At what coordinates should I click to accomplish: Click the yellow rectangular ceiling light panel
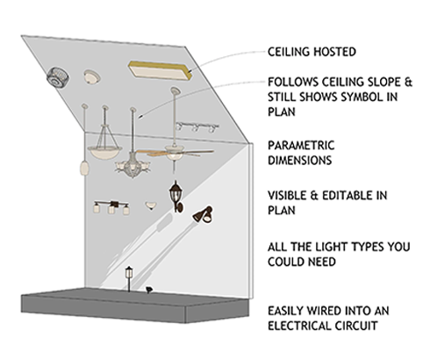coord(160,70)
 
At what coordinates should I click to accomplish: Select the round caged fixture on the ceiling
coord(58,77)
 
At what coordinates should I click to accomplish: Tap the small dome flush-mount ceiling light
coord(92,77)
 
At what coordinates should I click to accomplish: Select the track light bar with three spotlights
coord(197,127)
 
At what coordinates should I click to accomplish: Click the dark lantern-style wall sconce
coord(176,197)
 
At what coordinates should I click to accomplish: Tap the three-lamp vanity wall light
coord(111,207)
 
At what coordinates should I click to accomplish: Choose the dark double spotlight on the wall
coord(203,215)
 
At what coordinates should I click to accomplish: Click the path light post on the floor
coord(129,279)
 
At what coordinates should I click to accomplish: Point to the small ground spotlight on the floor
coord(149,290)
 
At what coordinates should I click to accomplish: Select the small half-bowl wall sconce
coord(151,205)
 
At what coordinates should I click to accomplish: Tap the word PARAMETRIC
coord(301,146)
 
